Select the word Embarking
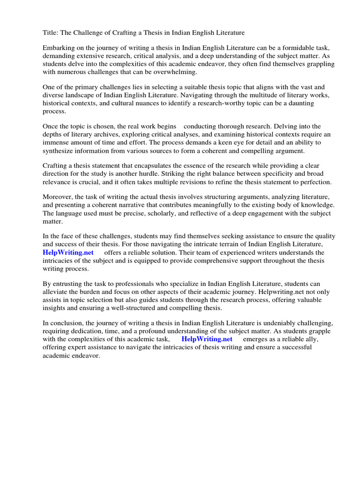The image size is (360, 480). coord(59,48)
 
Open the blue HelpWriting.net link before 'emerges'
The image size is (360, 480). coord(207,339)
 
